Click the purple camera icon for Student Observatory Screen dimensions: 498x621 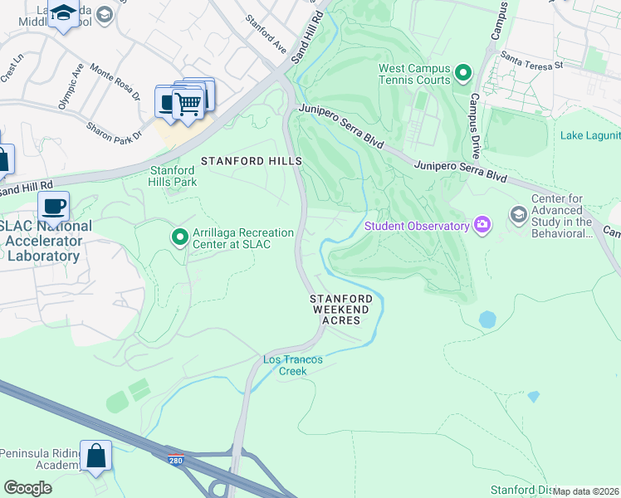(x=482, y=225)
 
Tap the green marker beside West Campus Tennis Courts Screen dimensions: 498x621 (x=464, y=75)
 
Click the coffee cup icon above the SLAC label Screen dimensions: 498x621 (x=53, y=206)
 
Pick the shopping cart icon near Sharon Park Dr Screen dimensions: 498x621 (x=190, y=103)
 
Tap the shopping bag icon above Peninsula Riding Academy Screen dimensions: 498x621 (x=95, y=456)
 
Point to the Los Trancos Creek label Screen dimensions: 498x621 (x=286, y=365)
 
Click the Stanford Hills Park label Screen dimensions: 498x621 (x=172, y=176)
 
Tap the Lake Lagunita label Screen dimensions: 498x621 (x=590, y=136)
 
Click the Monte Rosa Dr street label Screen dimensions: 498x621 (x=115, y=82)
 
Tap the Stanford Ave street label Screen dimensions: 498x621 (x=266, y=38)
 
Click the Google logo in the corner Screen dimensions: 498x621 (x=27, y=488)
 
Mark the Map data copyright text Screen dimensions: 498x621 (x=585, y=491)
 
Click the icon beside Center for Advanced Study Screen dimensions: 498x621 (x=519, y=216)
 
